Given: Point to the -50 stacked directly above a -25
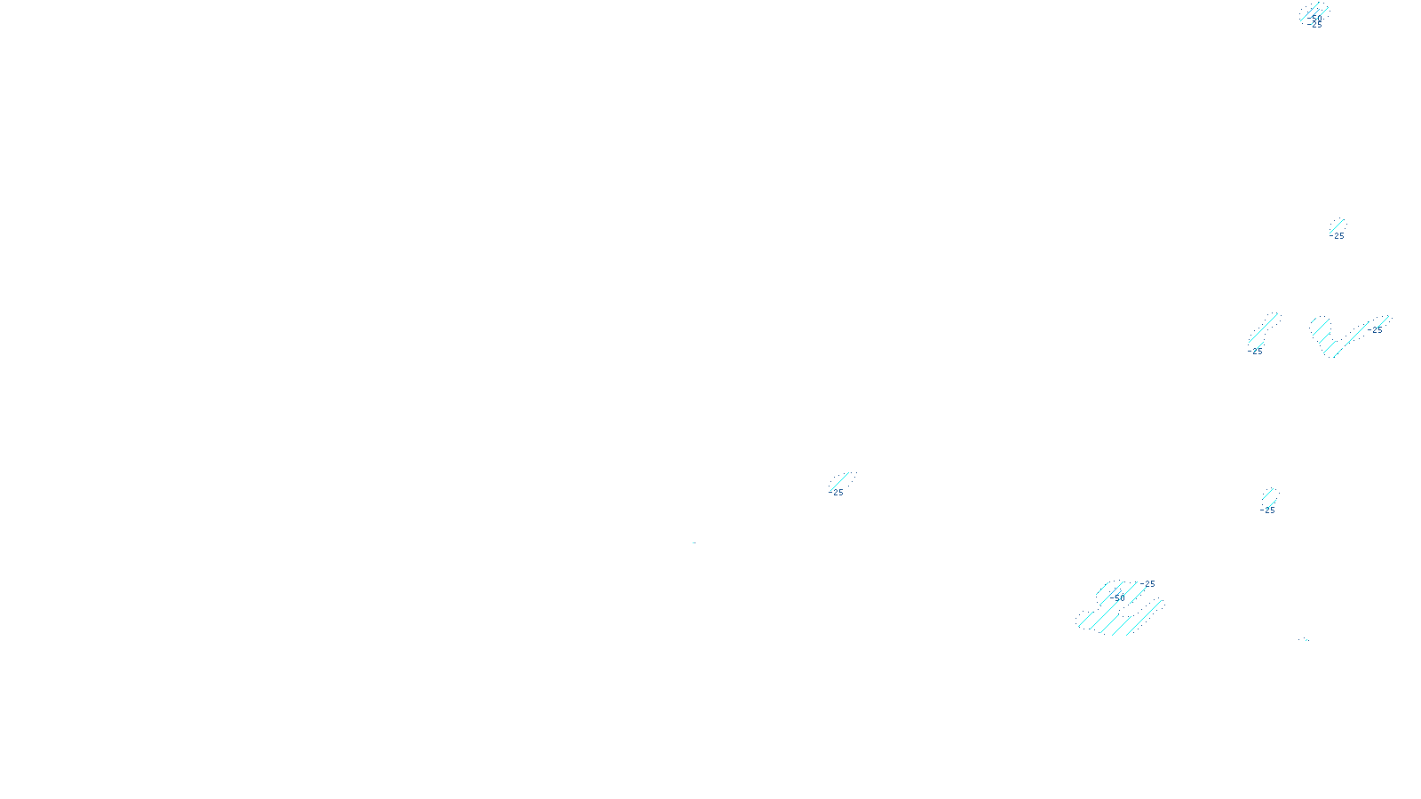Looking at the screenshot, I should pyautogui.click(x=1315, y=17).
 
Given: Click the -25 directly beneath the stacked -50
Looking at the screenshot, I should pyautogui.click(x=1315, y=25).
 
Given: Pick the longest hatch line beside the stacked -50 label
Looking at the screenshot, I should pyautogui.click(x=1314, y=12).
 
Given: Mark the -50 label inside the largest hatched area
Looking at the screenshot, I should pyautogui.click(x=1119, y=597).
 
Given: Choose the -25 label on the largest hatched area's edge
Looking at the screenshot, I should pyautogui.click(x=1149, y=584).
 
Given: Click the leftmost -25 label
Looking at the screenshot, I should pyautogui.click(x=837, y=493).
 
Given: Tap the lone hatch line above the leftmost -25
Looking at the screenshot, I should pyautogui.click(x=841, y=480).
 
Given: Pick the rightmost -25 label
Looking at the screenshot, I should pyautogui.click(x=1376, y=330).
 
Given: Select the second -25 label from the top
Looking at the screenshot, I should pyautogui.click(x=1338, y=236).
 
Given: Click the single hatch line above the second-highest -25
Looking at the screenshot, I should pyautogui.click(x=1338, y=225).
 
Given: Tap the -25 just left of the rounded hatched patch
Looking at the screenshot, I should pyautogui.click(x=1256, y=352).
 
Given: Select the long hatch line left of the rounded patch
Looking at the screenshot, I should pyautogui.click(x=1264, y=328).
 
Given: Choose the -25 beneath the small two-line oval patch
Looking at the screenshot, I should pyautogui.click(x=1268, y=510).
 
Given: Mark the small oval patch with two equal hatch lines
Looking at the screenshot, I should pyautogui.click(x=1270, y=496).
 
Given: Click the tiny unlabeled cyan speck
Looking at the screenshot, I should pyautogui.click(x=1303, y=639).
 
